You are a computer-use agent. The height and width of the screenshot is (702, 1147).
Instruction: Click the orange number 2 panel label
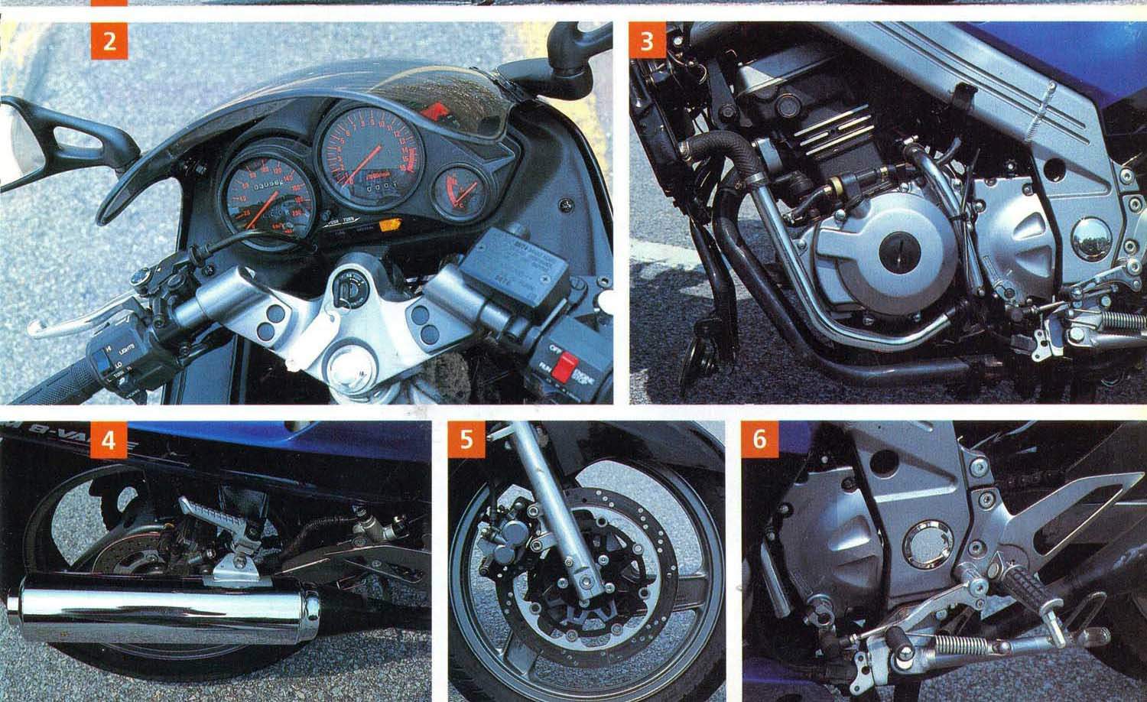click(x=110, y=43)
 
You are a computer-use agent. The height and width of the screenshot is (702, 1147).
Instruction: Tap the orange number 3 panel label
click(x=648, y=43)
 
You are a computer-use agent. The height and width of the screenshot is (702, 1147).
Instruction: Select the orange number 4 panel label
click(x=110, y=441)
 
